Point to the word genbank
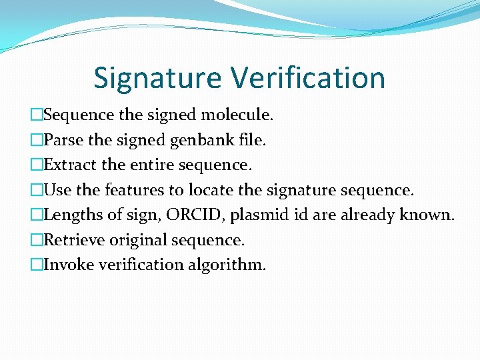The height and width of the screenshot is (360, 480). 199,140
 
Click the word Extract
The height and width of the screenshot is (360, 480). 69,165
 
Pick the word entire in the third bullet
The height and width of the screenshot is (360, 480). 145,165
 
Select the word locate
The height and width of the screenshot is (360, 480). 211,190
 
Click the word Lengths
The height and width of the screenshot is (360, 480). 72,215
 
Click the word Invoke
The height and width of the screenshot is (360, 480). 69,265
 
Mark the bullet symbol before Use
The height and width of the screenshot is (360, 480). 37,190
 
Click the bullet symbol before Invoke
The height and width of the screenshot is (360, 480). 37,265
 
